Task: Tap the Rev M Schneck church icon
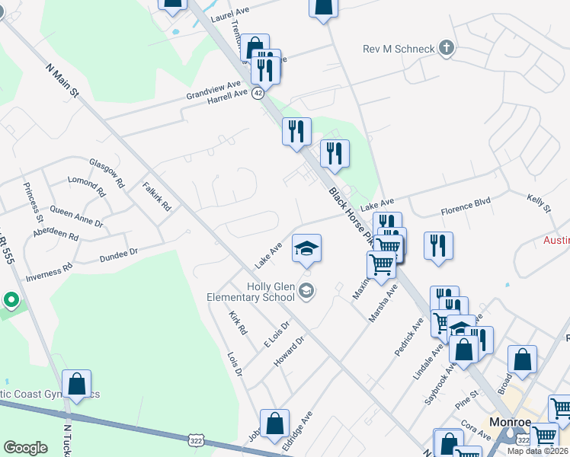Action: click(x=447, y=49)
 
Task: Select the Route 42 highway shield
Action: click(x=258, y=93)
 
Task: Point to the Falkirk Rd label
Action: click(x=157, y=197)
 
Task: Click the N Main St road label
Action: click(x=62, y=79)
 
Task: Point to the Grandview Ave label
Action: click(x=213, y=90)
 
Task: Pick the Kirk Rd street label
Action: click(x=239, y=323)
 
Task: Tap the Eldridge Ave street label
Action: click(x=297, y=432)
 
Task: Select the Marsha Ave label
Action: click(x=383, y=303)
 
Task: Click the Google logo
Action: click(x=25, y=448)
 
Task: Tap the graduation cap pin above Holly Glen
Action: click(x=306, y=249)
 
